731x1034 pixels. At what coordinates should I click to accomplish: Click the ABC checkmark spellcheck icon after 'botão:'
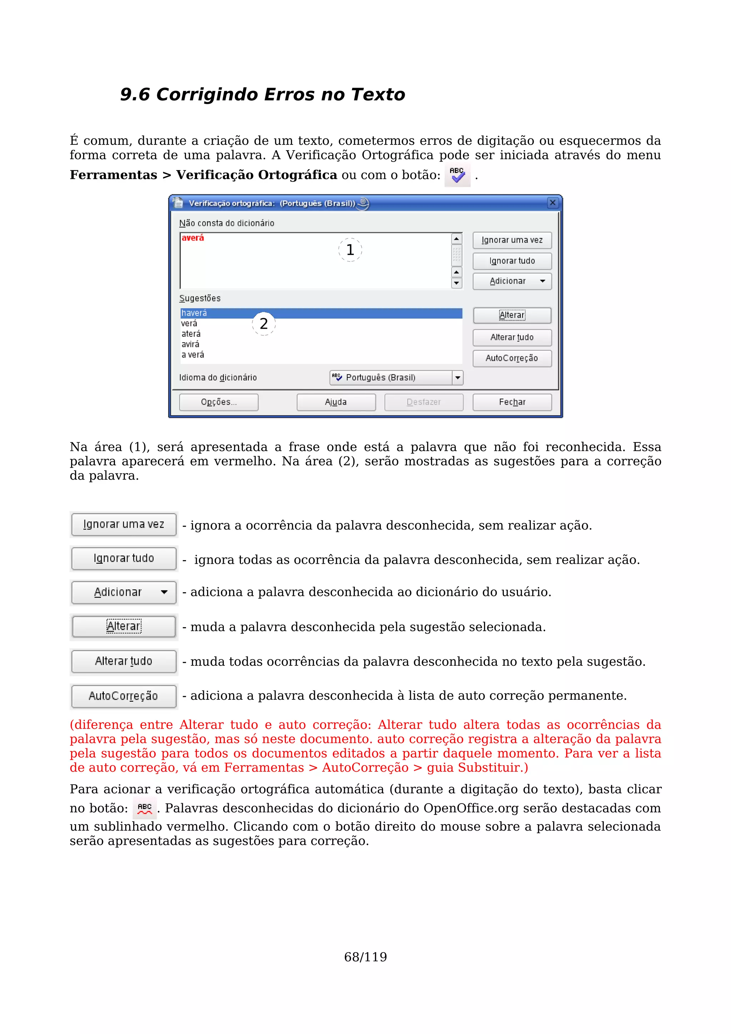click(x=457, y=175)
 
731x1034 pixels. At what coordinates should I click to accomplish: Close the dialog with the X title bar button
click(x=552, y=203)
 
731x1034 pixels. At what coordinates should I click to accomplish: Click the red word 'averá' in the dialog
click(x=193, y=238)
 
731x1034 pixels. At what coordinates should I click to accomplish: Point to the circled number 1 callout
click(x=350, y=249)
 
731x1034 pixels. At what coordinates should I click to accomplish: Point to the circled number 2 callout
click(x=263, y=323)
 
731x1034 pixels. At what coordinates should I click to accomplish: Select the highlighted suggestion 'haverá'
click(x=194, y=313)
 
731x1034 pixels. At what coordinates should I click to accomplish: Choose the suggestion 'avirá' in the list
click(x=190, y=344)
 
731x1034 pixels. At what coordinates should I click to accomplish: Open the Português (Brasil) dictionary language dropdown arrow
click(x=458, y=377)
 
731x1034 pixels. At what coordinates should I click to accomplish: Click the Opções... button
click(x=218, y=402)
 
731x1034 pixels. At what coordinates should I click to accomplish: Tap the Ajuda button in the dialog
click(x=336, y=402)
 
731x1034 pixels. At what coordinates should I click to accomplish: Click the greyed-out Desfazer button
click(x=423, y=402)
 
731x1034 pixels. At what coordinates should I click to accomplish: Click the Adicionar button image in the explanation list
click(x=123, y=592)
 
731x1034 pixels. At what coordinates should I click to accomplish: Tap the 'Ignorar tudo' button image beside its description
click(x=123, y=558)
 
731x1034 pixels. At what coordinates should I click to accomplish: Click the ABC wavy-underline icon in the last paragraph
click(x=145, y=809)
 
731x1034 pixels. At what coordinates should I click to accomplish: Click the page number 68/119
click(x=365, y=957)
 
